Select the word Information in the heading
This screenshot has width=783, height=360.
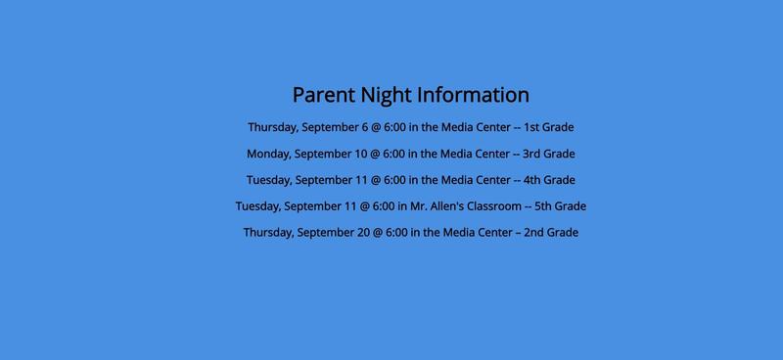[x=474, y=95]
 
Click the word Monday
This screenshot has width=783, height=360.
[x=268, y=154]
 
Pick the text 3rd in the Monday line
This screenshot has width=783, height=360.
[x=532, y=154]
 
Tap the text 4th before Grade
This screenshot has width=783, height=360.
[x=533, y=180]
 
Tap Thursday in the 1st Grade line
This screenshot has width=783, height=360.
[x=272, y=127]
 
